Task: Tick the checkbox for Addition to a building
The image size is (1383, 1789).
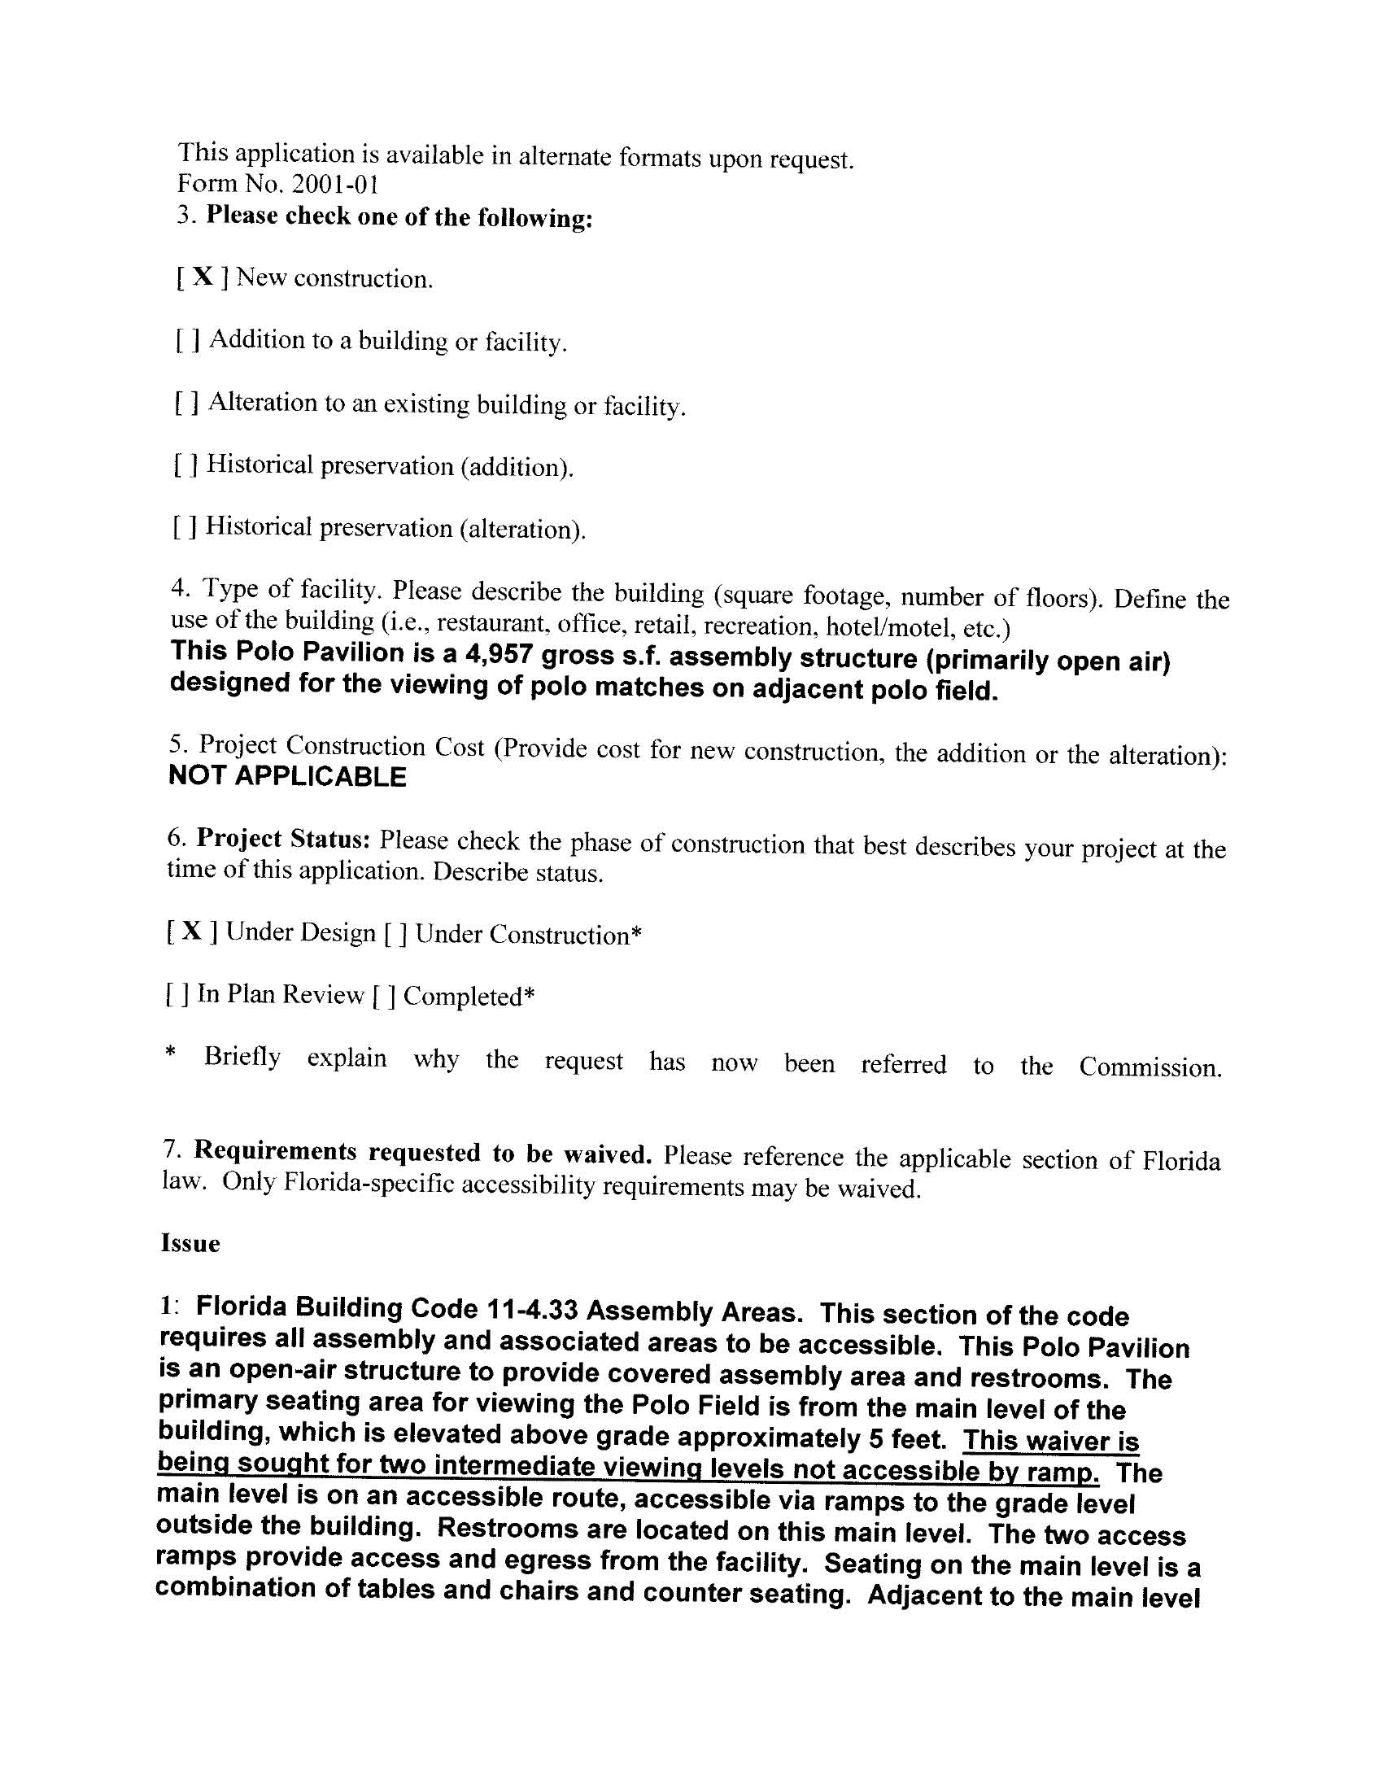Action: pyautogui.click(x=187, y=339)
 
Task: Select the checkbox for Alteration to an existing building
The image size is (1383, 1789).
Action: pyautogui.click(x=186, y=402)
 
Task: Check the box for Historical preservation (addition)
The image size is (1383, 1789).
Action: pyautogui.click(x=185, y=465)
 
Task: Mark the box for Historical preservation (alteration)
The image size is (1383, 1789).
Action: pyautogui.click(x=185, y=526)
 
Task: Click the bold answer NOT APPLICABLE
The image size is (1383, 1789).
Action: pyautogui.click(x=286, y=776)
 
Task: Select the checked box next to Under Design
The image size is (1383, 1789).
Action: pyautogui.click(x=192, y=931)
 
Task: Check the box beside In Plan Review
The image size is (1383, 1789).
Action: pyautogui.click(x=178, y=993)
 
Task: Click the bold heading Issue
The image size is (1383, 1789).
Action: pyautogui.click(x=190, y=1243)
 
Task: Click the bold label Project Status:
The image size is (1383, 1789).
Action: pyautogui.click(x=284, y=839)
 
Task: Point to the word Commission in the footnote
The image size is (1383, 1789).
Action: pyautogui.click(x=1150, y=1067)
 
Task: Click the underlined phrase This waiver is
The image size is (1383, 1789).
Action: pyautogui.click(x=1050, y=1440)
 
